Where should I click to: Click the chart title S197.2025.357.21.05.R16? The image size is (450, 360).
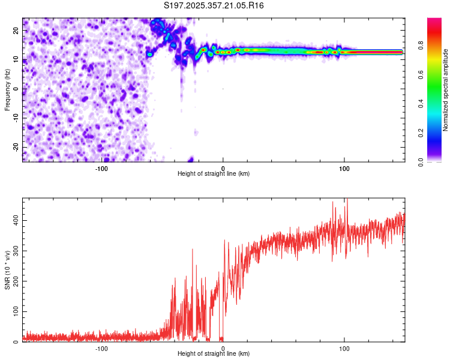pos(214,6)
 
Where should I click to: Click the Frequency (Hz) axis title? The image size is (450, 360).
pos(8,89)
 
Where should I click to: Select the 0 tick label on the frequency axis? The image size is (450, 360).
pos(17,89)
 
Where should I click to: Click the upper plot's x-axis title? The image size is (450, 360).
pos(214,174)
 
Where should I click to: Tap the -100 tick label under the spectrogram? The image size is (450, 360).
pos(101,168)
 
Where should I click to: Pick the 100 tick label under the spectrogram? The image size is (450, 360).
pos(344,168)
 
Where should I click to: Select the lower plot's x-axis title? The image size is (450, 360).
pos(214,354)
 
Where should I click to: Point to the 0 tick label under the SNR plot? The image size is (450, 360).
pos(223,348)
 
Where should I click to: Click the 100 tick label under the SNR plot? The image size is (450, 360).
pos(344,348)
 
